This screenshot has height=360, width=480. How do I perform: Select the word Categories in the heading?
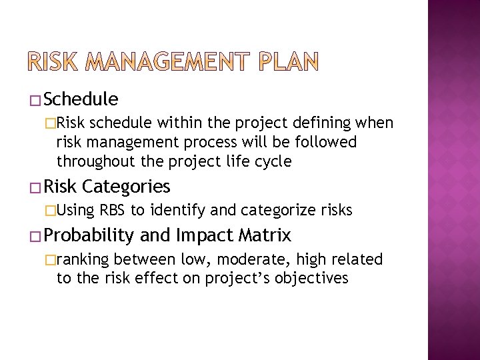point(126,186)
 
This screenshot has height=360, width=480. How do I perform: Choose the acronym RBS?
point(113,211)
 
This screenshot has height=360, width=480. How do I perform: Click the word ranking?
point(83,259)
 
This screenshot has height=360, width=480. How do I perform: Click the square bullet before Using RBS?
point(51,211)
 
